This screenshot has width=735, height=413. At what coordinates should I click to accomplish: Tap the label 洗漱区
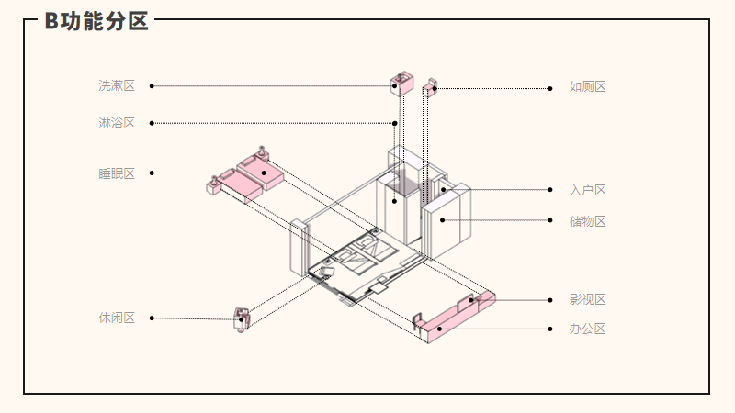coord(117,86)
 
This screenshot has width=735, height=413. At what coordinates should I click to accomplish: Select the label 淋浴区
coord(117,123)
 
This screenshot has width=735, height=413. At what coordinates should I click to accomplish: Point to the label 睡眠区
coord(117,173)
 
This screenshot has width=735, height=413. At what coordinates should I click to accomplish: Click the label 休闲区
coord(117,318)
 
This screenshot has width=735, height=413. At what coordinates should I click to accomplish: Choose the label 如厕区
coord(588,87)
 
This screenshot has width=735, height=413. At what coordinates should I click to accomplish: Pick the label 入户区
coord(588,191)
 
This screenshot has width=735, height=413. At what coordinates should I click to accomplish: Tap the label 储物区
coord(588,221)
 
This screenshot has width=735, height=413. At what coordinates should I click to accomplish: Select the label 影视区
coord(588,299)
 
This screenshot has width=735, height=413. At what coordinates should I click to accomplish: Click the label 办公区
coord(588,329)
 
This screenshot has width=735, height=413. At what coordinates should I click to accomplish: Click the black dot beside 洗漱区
coord(152,86)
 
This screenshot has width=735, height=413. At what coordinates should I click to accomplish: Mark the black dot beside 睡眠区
coord(152,173)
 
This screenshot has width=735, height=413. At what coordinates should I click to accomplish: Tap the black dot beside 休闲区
coord(152,318)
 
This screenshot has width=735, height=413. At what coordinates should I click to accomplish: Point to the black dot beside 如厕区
coord(549,88)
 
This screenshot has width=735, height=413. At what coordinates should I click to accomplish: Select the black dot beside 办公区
coord(549,329)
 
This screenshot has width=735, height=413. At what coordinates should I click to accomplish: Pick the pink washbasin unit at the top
coord(401,83)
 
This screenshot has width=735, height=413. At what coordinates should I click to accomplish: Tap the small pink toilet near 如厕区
coord(430,88)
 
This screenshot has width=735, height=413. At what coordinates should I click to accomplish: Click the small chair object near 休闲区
coord(243,319)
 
